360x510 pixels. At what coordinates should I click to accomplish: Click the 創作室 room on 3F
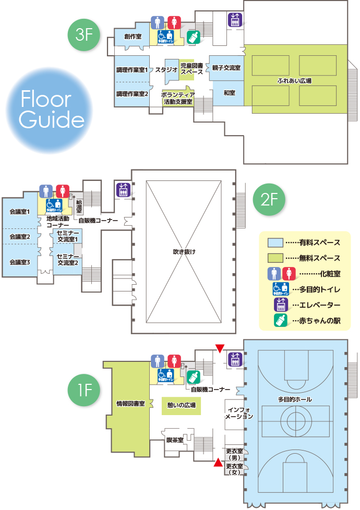[x=133, y=37]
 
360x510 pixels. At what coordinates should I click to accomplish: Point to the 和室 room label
[x=229, y=93]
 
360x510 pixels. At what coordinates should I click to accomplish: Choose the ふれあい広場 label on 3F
[x=295, y=81]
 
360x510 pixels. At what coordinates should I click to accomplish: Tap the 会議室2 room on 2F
[x=20, y=236]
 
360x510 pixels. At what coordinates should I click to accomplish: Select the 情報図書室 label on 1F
[x=130, y=403]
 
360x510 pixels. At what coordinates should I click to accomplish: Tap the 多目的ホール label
[x=295, y=399]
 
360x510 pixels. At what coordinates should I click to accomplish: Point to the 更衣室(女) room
[x=233, y=469]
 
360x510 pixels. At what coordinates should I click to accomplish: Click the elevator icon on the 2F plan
[x=124, y=189]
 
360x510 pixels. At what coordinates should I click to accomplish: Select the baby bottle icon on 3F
[x=194, y=37]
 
